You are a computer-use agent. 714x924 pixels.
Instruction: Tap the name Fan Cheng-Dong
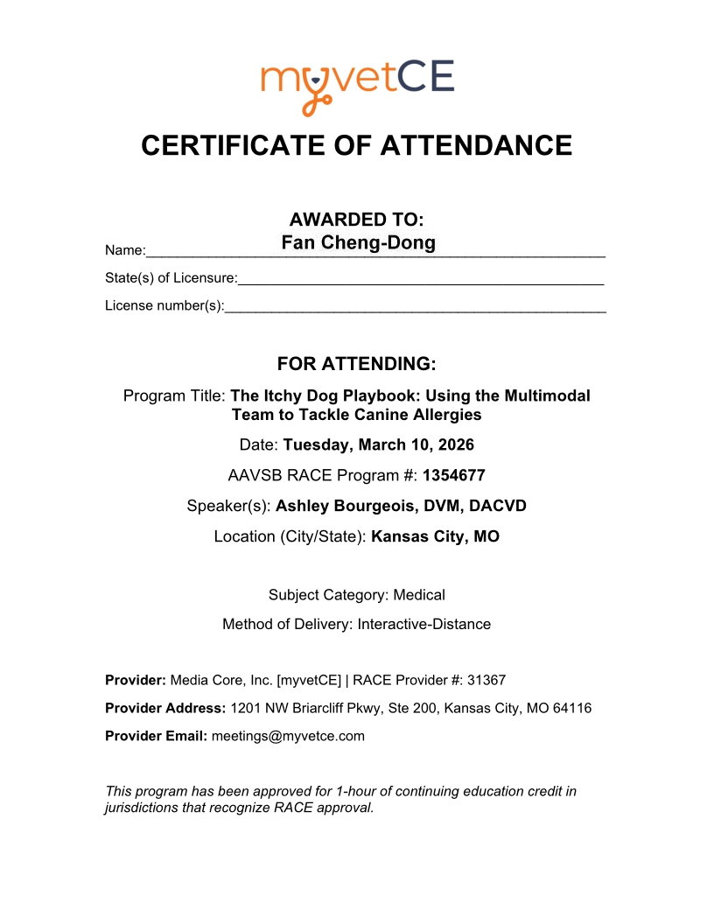pyautogui.click(x=358, y=242)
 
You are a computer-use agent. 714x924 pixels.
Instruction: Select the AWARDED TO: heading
pyautogui.click(x=357, y=219)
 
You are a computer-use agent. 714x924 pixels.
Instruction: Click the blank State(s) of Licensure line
pyautogui.click(x=420, y=279)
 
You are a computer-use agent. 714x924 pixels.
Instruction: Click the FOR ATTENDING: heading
pyautogui.click(x=356, y=363)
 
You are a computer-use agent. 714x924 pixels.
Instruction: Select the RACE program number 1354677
pyautogui.click(x=453, y=475)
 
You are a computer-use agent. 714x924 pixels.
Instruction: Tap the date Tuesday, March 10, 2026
pyautogui.click(x=378, y=444)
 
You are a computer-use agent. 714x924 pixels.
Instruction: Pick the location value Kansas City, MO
pyautogui.click(x=435, y=536)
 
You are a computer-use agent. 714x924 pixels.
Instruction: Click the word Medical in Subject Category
pyautogui.click(x=419, y=595)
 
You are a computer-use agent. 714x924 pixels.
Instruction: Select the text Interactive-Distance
pyautogui.click(x=423, y=625)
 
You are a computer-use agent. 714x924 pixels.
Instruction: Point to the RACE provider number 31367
pyautogui.click(x=487, y=679)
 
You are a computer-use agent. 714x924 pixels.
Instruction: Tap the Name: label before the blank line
pyautogui.click(x=125, y=251)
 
